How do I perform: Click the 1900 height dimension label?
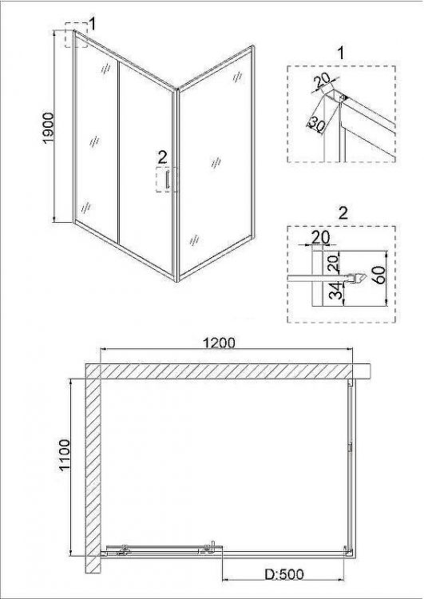(x=49, y=128)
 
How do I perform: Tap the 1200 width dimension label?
(x=219, y=343)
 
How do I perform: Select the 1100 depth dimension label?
(x=65, y=455)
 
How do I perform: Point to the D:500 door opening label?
(x=284, y=574)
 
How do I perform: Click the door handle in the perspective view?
(x=168, y=180)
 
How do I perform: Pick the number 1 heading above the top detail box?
(x=341, y=53)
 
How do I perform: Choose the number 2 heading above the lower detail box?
(x=343, y=213)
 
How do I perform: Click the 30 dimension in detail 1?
(x=316, y=124)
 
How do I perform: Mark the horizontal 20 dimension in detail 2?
(x=320, y=237)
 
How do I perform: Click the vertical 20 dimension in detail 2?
(x=334, y=264)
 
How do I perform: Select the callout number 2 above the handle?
(x=162, y=157)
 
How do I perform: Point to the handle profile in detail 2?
(x=356, y=278)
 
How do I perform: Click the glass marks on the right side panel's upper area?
(x=237, y=77)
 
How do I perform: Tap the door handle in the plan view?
(x=212, y=547)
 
